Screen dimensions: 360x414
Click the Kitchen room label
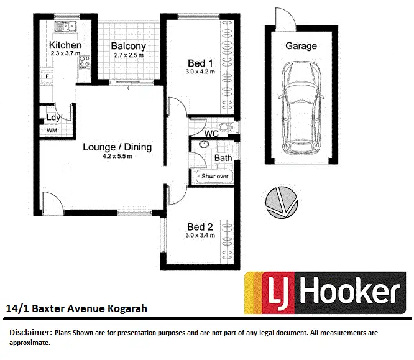65,45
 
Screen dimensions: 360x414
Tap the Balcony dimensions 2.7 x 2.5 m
129,55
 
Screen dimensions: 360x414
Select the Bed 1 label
201,63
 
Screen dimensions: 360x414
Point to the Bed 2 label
200,226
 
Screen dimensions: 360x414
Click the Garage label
301,45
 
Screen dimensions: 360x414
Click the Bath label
223,158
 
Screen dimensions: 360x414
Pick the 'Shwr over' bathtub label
215,177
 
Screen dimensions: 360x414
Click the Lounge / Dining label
117,147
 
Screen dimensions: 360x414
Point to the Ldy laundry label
53,118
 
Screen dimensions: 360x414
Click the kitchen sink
65,26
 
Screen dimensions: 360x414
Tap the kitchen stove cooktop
85,62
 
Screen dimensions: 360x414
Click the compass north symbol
278,202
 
